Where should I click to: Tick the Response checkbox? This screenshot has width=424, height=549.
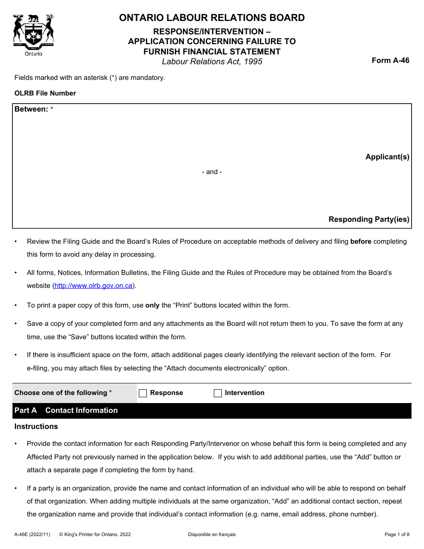143,393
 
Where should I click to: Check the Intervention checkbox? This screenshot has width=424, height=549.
218,393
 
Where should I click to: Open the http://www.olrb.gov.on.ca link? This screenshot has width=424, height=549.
93,286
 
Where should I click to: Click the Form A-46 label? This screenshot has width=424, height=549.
390,61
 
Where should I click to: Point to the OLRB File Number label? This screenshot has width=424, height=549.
45,93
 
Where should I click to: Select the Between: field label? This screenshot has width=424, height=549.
31,109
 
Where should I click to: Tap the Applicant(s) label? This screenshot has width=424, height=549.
387,157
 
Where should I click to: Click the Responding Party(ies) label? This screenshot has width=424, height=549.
369,219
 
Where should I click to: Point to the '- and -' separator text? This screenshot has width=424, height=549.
212,172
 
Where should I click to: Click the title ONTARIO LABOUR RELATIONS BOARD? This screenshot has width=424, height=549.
212,18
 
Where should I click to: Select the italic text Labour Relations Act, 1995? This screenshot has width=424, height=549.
212,62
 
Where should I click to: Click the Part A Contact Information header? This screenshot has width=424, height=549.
66,410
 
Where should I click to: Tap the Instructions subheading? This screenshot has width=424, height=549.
36,426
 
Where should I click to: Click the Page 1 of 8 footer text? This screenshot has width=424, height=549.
397,534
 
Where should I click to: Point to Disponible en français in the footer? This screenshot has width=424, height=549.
212,534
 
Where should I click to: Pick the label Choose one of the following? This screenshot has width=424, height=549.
61,393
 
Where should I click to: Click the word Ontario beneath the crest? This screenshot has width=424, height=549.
33,54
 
